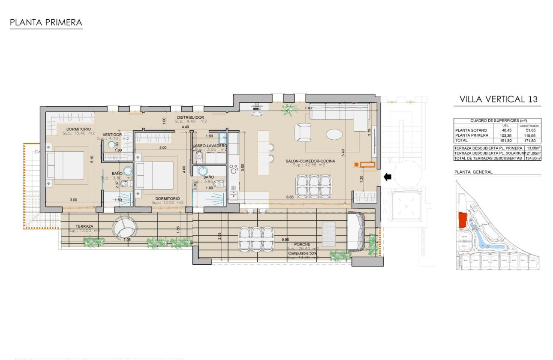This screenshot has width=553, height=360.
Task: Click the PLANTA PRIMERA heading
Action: tap(45, 22)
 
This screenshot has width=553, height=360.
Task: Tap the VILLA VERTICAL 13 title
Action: tap(498, 99)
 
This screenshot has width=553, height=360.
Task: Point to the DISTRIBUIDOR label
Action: tap(191, 117)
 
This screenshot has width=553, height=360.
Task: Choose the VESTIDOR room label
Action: tap(113, 135)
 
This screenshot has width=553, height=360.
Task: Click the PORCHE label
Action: tap(302, 244)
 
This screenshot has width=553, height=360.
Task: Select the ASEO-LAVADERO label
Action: tap(210, 146)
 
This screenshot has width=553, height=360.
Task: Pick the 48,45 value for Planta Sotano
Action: tap(506, 130)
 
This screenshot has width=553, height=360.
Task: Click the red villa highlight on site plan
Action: tap(462, 220)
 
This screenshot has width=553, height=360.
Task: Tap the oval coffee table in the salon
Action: tap(334, 135)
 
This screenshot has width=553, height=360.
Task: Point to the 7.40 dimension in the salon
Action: tap(308, 108)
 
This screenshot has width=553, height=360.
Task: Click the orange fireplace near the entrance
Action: tap(365, 164)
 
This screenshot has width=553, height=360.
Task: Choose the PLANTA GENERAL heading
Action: tap(473, 172)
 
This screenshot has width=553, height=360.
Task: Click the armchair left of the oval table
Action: tap(304, 132)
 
